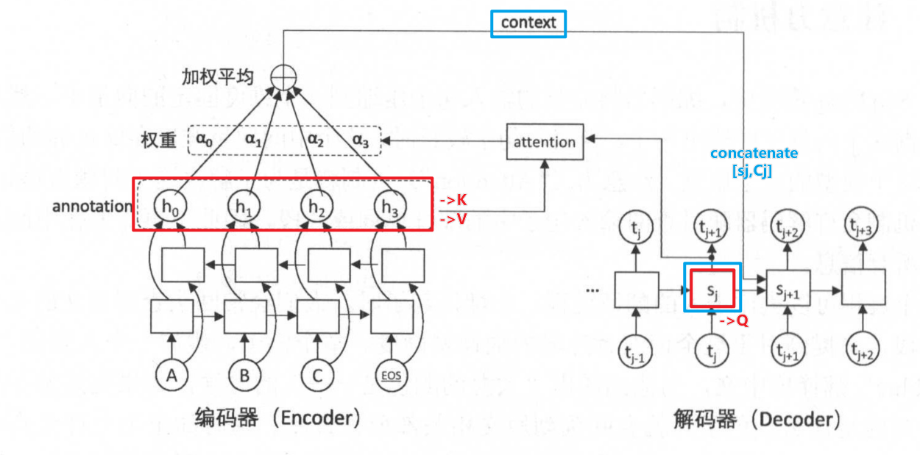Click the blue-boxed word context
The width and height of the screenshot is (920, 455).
[529, 23]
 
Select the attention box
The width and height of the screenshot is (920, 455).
[545, 142]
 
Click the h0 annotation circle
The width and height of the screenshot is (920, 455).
[169, 207]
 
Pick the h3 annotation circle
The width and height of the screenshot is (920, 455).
[389, 207]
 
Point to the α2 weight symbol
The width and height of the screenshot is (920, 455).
[316, 140]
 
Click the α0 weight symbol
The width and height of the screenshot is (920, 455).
[205, 140]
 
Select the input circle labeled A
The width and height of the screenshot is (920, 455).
[171, 376]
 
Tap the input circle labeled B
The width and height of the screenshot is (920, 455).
[244, 376]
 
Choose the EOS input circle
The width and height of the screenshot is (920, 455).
[391, 376]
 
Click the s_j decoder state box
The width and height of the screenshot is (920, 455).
[712, 287]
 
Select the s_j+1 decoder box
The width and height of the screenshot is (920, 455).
[788, 287]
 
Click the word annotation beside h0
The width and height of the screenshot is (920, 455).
[92, 207]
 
